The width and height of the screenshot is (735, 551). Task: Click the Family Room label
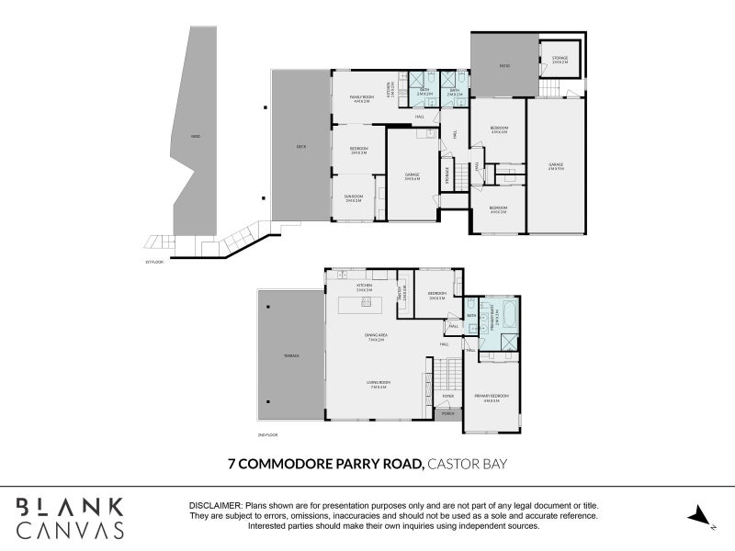[x=361, y=97]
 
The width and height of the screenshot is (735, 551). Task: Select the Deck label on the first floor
[x=300, y=146]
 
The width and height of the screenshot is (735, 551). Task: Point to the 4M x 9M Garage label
[x=555, y=166]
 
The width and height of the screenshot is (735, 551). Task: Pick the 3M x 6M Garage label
[x=413, y=176]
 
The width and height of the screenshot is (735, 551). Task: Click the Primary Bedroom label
[x=492, y=397]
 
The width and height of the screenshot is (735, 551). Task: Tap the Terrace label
[x=290, y=355]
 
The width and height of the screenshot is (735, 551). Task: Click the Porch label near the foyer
[x=448, y=414]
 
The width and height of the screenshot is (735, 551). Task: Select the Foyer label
[x=448, y=397]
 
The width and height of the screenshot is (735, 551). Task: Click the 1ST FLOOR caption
[x=153, y=262]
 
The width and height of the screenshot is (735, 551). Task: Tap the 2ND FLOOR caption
[x=268, y=434]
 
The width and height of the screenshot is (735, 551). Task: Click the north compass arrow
[x=701, y=516]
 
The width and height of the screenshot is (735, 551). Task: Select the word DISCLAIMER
[x=215, y=506]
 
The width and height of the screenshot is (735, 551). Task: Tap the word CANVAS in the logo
[x=70, y=530]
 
